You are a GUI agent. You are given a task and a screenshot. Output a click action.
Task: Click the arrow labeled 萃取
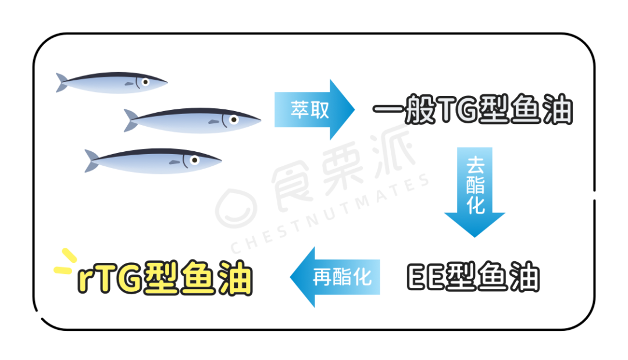(x=315, y=109)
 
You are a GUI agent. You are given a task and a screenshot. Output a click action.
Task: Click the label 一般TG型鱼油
(x=472, y=110)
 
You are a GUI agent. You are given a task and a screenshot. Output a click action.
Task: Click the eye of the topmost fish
(x=145, y=82)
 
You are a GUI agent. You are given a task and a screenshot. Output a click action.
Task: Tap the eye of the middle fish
(x=234, y=120)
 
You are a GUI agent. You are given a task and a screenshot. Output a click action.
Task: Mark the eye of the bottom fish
(x=194, y=159)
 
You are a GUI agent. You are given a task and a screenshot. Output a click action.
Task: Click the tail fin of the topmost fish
(x=62, y=83)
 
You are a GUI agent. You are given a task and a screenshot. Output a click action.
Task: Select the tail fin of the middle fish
(x=131, y=120)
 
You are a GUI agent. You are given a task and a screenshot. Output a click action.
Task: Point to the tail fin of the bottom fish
(x=92, y=161)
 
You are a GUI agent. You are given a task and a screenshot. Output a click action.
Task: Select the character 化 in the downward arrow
(x=475, y=205)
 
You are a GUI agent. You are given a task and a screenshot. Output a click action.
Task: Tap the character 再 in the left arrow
(x=324, y=276)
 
